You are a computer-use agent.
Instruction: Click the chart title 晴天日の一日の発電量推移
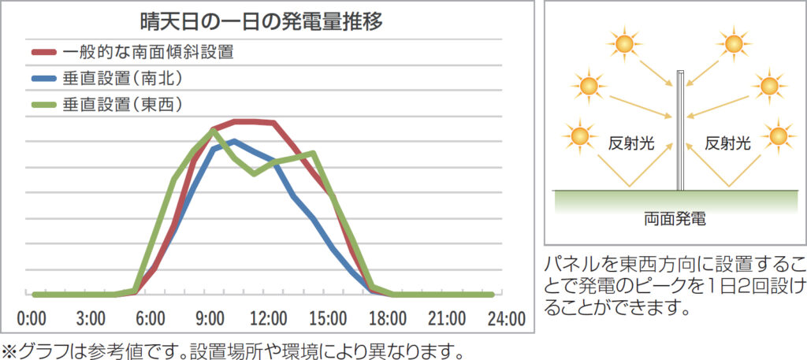pyautogui.click(x=260, y=21)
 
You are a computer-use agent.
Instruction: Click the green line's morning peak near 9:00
pyautogui.click(x=214, y=130)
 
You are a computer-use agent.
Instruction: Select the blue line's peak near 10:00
pyautogui.click(x=233, y=141)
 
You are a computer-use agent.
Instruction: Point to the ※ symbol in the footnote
pyautogui.click(x=9, y=349)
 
